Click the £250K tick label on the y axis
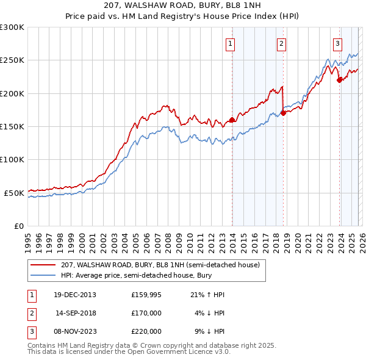point(12,60)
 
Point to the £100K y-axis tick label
point(12,160)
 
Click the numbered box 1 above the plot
point(231,43)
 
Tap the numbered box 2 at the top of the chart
point(282,43)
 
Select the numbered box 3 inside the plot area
point(337,43)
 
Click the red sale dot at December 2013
point(232,120)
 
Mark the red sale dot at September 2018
point(283,113)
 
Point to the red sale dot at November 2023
point(339,80)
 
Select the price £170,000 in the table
point(146,313)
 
